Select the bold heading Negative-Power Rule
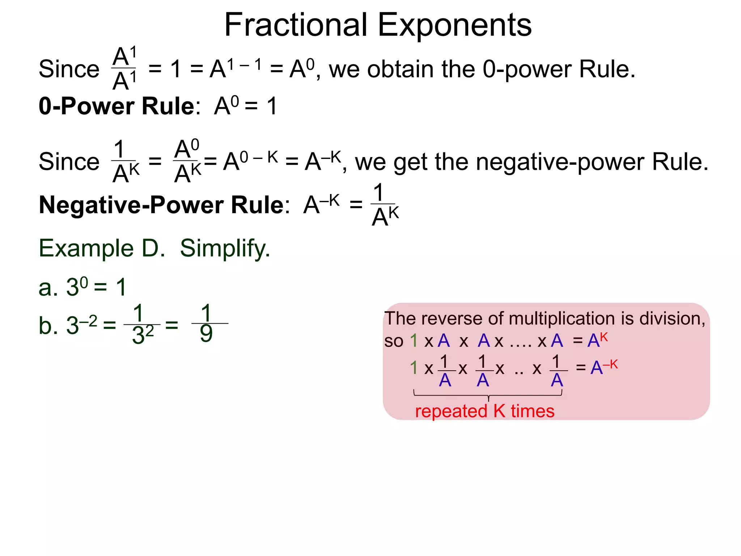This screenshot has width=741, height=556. click(x=161, y=205)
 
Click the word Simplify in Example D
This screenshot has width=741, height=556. click(x=225, y=248)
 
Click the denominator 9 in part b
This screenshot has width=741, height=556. click(x=206, y=334)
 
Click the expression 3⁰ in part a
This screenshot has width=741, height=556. click(x=77, y=287)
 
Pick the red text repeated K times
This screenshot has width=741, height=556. click(x=484, y=411)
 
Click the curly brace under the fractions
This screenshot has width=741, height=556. click(x=488, y=394)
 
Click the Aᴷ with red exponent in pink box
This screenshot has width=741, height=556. click(x=597, y=340)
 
